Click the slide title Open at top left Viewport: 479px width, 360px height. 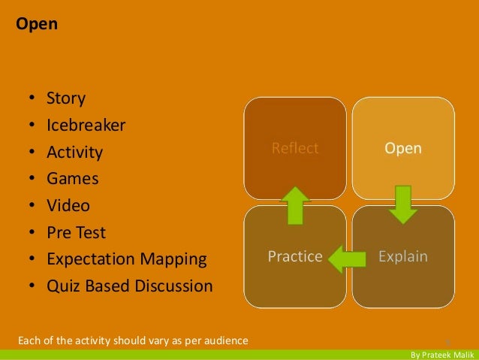click(x=32, y=24)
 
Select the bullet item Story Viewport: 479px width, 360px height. click(x=66, y=98)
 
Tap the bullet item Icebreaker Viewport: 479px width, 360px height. click(x=86, y=126)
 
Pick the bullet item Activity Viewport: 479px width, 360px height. click(x=74, y=153)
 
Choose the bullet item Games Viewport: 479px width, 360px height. click(x=72, y=179)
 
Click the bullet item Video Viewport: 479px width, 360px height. click(x=68, y=205)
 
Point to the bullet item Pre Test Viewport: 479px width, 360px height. click(x=76, y=232)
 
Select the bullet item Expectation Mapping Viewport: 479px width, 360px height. click(x=126, y=259)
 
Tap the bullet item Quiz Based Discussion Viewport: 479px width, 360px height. click(x=129, y=286)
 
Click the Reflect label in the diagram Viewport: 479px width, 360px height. click(x=295, y=149)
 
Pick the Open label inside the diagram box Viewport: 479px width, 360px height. click(x=403, y=149)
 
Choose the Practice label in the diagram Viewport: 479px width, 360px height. click(x=295, y=257)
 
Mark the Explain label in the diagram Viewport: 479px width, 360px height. click(x=403, y=257)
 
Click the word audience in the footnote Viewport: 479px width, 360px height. click(x=225, y=341)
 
